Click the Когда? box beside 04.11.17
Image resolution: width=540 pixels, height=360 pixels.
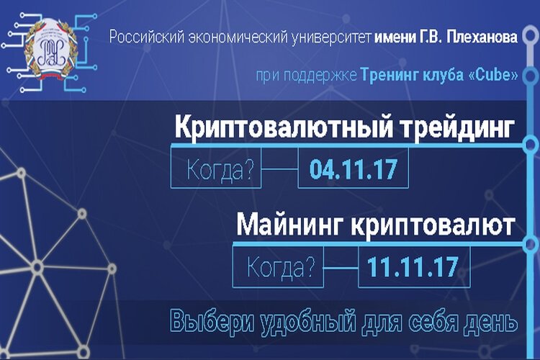tap(216, 171)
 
